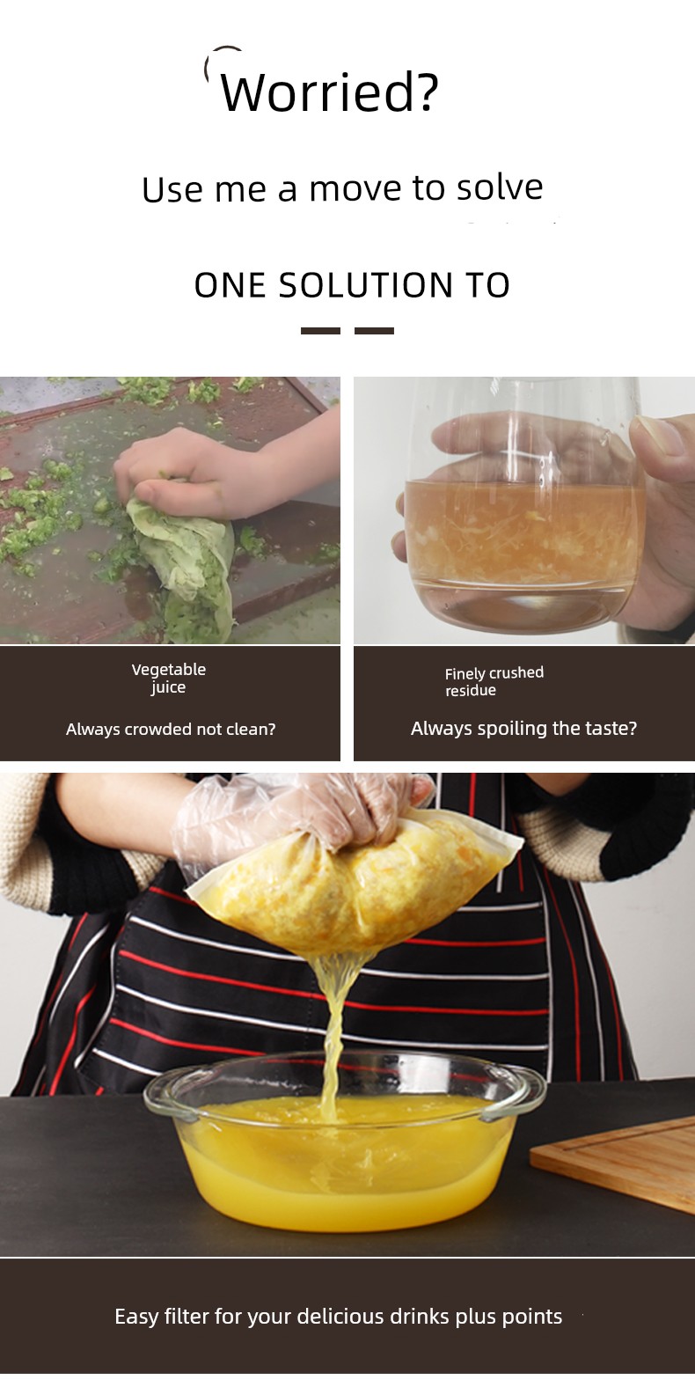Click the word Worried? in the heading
[329, 92]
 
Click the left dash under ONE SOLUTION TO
[320, 331]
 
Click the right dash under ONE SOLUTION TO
[374, 331]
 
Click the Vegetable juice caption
[169, 679]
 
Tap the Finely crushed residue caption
[494, 681]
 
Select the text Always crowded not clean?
[171, 730]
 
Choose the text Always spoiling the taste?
[523, 728]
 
